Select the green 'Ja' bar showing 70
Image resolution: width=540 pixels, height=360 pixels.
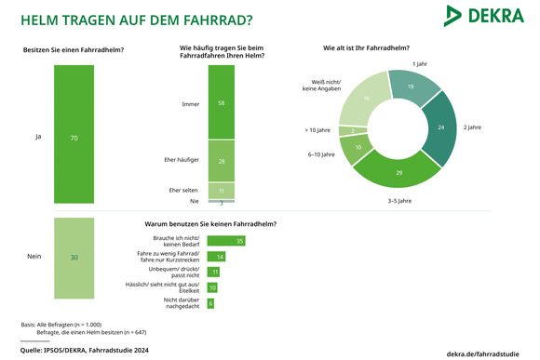coord(74,137)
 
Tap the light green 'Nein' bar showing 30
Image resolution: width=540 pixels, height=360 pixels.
coord(74,257)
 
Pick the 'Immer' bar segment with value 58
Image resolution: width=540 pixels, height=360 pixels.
coord(221,104)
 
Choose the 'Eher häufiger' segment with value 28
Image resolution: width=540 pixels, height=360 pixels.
coord(221,161)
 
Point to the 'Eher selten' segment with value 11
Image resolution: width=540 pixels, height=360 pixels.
coord(221,190)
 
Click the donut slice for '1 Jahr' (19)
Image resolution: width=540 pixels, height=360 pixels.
coord(411,87)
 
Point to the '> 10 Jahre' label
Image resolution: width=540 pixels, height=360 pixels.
coord(317,130)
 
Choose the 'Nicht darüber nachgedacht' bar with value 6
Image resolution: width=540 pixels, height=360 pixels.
coord(211,303)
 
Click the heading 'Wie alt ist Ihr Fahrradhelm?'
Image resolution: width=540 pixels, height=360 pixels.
coord(366,47)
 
